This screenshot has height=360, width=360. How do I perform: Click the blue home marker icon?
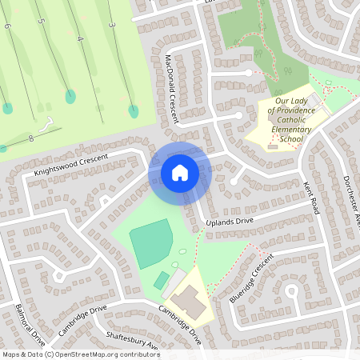click(x=180, y=172)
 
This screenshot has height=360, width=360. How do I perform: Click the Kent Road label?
click(x=311, y=197)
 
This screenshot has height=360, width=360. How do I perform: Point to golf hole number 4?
click(x=80, y=38)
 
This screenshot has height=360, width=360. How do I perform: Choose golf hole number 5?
click(x=41, y=21)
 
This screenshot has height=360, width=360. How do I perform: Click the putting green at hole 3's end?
click(x=134, y=110)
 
